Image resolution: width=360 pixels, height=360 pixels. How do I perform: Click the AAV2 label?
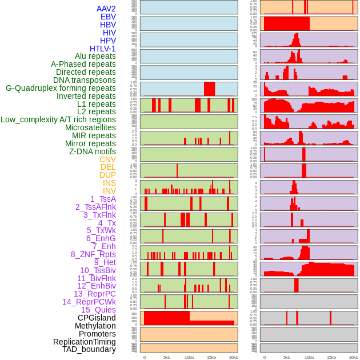coord(106,9)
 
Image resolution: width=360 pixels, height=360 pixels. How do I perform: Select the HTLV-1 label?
coord(102,49)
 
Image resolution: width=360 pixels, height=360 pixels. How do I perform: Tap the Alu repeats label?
coord(95,56)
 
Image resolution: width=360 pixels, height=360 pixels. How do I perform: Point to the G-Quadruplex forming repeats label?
coord(61,88)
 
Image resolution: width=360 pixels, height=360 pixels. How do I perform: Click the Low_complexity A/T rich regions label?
coord(58,119)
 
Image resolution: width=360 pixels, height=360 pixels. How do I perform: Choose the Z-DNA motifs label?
coord(92,151)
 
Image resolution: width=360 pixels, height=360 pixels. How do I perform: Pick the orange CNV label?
coord(107,159)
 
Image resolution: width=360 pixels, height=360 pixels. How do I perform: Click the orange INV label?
coord(109,191)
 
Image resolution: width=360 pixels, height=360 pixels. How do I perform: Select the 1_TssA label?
coord(103,199)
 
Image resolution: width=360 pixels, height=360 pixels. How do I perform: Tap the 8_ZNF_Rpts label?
coord(93,254)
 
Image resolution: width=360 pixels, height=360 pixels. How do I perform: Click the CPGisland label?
coord(97,318)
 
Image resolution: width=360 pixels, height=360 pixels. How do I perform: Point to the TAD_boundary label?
coord(89,349)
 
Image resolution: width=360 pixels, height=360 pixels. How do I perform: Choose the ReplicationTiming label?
coord(84,342)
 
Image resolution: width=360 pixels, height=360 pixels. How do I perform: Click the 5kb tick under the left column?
coord(167,357)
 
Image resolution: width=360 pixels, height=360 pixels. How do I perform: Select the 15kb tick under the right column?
coord(331,357)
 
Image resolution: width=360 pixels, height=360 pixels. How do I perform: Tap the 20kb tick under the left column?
coord(233,357)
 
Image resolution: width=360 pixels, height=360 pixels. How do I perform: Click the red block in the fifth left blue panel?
coord(209,89)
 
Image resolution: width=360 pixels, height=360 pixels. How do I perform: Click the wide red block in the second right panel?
coord(286,23)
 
